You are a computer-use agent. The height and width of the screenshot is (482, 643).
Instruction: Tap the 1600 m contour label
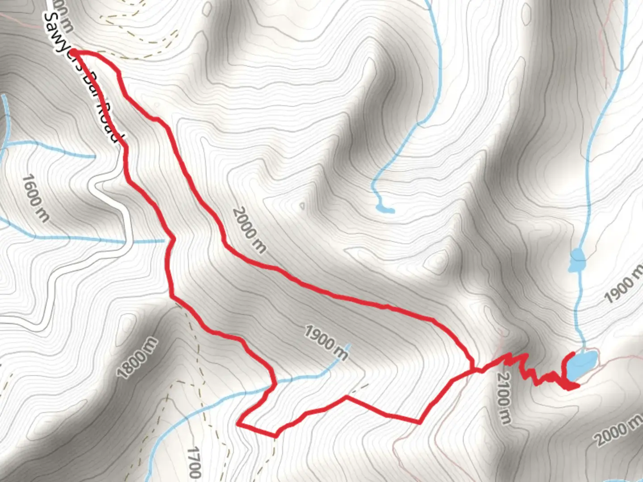tap(35, 199)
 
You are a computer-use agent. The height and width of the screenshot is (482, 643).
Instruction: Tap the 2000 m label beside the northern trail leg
tap(249, 230)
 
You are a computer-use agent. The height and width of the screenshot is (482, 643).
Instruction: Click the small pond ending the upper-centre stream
tap(384, 208)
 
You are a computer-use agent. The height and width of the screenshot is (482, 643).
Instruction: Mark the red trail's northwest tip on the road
tap(73, 53)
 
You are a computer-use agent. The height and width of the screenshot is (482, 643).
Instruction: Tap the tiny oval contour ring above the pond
tap(302, 206)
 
